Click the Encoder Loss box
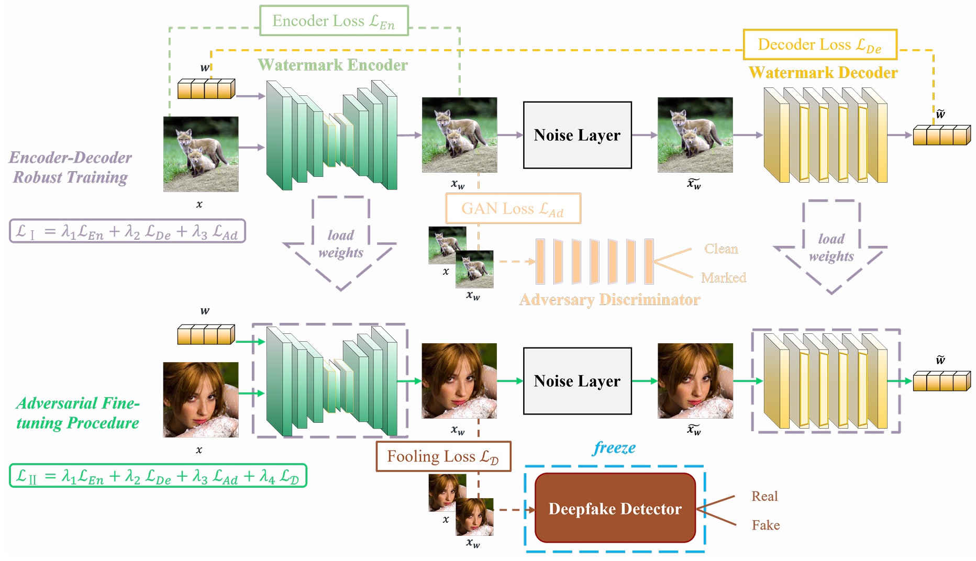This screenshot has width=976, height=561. click(x=334, y=21)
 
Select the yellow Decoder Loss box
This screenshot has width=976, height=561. click(x=820, y=44)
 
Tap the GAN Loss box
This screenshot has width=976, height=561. click(x=513, y=208)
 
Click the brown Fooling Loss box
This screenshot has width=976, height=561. click(x=443, y=456)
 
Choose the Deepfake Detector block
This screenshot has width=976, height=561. click(x=615, y=508)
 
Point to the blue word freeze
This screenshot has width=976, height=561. click(x=614, y=447)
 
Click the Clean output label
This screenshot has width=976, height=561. click(x=721, y=249)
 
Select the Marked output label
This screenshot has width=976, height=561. click(x=724, y=277)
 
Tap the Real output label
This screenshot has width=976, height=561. click(x=764, y=496)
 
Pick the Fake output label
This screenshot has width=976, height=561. click(x=766, y=525)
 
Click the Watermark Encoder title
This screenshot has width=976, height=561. click(x=332, y=65)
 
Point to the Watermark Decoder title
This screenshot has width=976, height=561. click(x=823, y=72)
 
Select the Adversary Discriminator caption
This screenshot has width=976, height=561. click(x=609, y=299)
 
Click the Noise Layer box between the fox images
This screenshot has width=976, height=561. click(x=577, y=135)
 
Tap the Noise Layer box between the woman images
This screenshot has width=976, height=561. click(x=577, y=381)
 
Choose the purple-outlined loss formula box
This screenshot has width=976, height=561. click(x=127, y=231)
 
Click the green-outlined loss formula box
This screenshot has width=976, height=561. click(x=158, y=476)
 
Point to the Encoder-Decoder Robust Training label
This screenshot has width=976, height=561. click(x=70, y=167)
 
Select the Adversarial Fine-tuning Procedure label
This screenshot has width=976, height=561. click(x=77, y=413)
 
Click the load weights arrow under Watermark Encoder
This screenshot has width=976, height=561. click(x=340, y=244)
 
